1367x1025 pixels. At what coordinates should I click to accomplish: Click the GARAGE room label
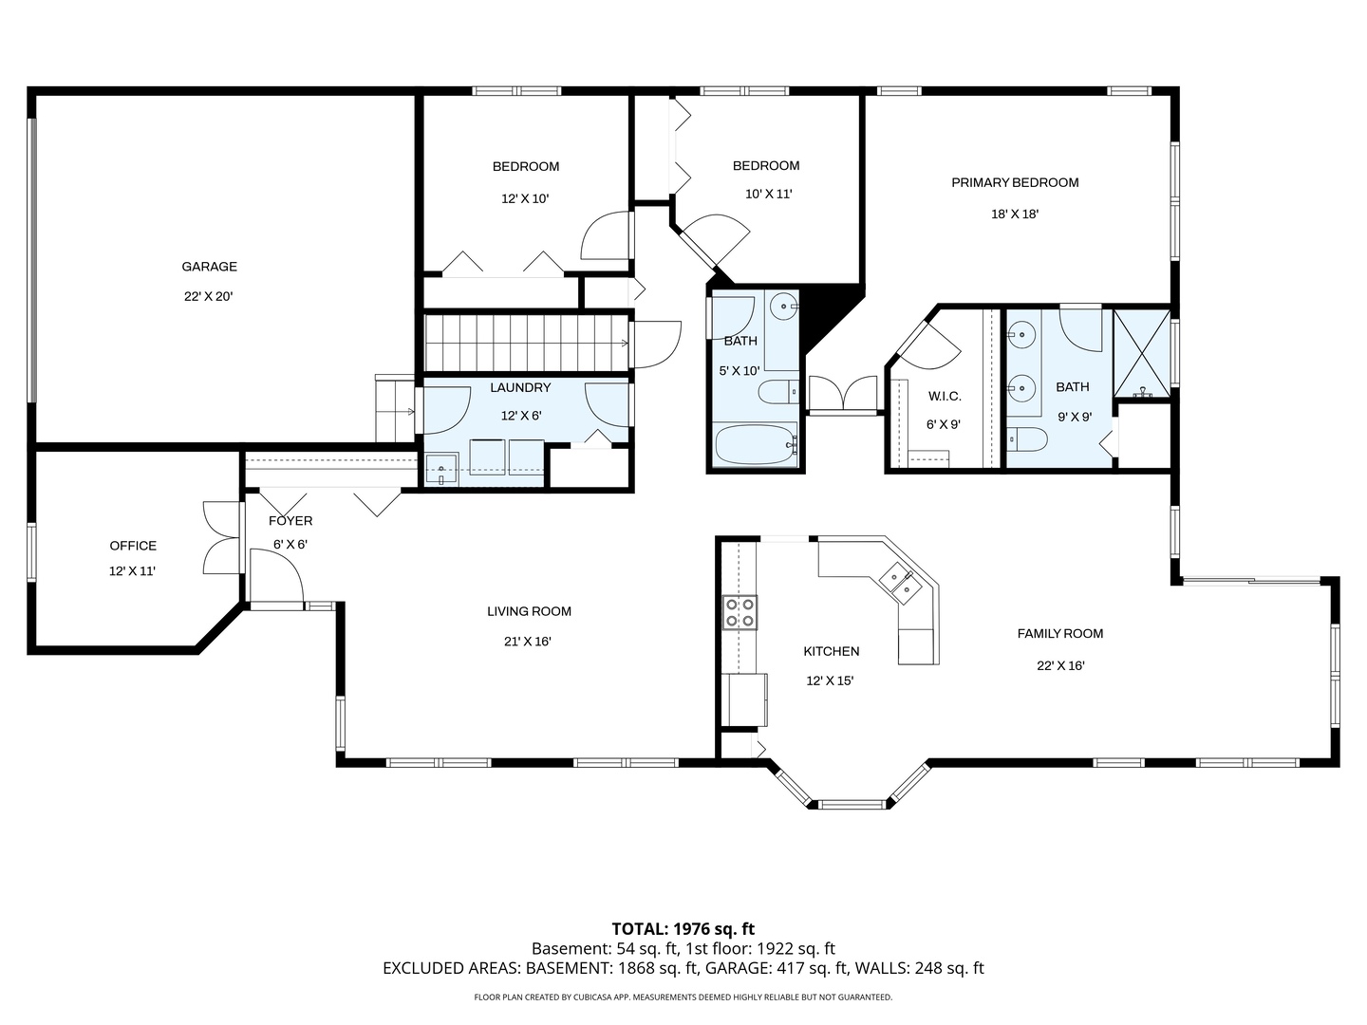tap(209, 267)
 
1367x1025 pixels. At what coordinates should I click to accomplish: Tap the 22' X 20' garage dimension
tap(209, 296)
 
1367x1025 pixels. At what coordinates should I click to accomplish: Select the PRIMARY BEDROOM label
tap(1015, 182)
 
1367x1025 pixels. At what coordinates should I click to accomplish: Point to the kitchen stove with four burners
tap(740, 612)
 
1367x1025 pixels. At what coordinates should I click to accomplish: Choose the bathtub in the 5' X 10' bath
tap(756, 444)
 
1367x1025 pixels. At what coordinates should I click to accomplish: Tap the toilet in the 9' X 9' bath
tap(1027, 438)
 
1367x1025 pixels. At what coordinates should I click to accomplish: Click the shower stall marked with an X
tap(1142, 353)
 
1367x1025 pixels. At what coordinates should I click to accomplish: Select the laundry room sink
tap(441, 469)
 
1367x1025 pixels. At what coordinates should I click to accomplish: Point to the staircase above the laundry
tap(527, 343)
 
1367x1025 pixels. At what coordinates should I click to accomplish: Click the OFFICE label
tap(133, 546)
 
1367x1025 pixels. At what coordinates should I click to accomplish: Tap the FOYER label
tap(290, 521)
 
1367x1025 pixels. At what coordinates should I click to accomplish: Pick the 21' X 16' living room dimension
tap(528, 641)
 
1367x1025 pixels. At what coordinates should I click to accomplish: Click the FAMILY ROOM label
tap(1060, 634)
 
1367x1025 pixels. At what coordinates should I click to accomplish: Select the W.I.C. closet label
tap(945, 397)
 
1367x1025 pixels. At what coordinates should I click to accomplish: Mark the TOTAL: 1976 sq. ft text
tap(683, 929)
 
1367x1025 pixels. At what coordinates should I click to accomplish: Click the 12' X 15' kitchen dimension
tap(830, 680)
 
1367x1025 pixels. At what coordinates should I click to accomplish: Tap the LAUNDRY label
tap(520, 388)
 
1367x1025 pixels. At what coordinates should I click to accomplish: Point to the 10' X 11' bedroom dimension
tap(769, 195)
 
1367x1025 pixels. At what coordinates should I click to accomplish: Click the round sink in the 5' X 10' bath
tap(783, 306)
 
